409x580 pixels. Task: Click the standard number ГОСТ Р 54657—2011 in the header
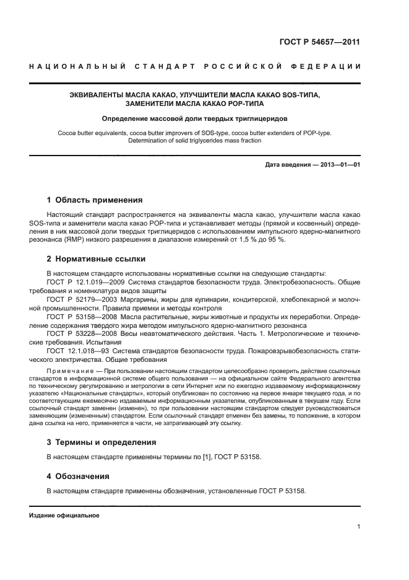coord(320,42)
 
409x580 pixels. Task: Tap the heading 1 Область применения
coord(95,200)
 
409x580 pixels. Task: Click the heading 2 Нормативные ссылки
coord(97,259)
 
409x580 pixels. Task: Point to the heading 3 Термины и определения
coord(102,442)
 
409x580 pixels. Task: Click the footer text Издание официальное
coord(64,516)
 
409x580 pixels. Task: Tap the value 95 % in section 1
coord(276,240)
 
